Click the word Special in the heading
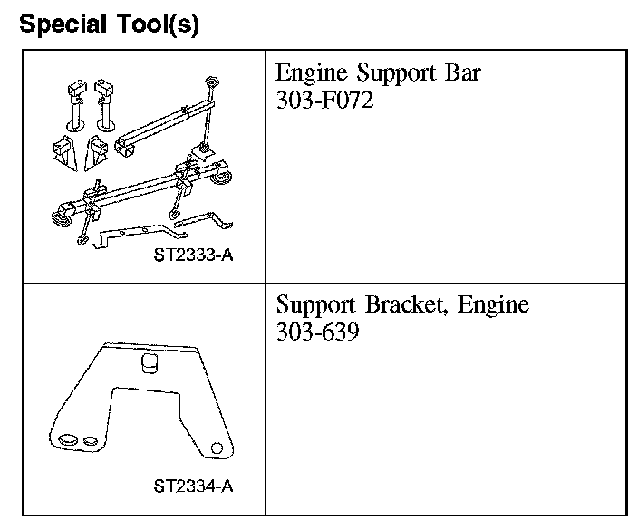(x=63, y=24)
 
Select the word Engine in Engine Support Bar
(x=311, y=73)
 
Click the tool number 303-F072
(x=324, y=100)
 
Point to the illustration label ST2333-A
(x=193, y=255)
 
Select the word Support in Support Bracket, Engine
(x=315, y=305)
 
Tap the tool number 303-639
(x=317, y=331)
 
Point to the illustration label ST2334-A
(x=193, y=486)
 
